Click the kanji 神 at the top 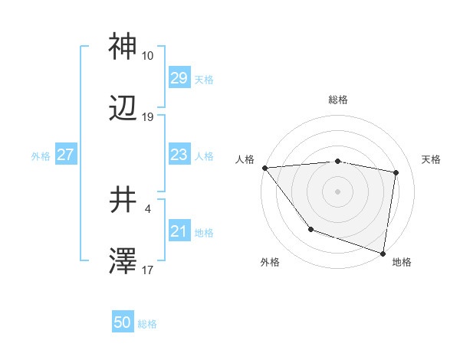point(123,47)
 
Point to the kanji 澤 point(123,262)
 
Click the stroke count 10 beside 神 point(147,56)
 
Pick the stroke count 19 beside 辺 point(147,117)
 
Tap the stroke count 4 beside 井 point(147,208)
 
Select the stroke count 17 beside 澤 point(147,270)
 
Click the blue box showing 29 point(179,78)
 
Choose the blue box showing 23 point(179,155)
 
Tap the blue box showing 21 point(179,231)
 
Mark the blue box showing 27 point(65,155)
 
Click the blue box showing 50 point(123,323)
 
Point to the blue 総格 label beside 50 point(147,324)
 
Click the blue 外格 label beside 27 point(41,155)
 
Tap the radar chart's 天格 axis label point(432,159)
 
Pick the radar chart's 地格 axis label point(402,262)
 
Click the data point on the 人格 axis point(264,168)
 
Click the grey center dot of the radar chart point(337,191)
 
